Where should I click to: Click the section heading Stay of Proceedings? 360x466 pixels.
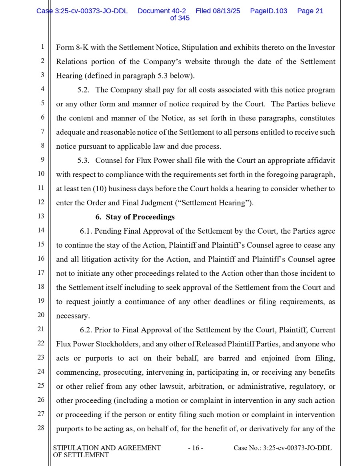tap(135, 217)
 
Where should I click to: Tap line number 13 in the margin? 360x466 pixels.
tap(41, 216)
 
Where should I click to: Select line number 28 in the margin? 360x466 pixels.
tap(41, 428)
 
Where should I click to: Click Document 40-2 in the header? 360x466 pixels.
tap(162, 11)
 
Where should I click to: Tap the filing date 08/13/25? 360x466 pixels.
tap(226, 11)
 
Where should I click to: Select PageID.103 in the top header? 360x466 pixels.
tap(268, 11)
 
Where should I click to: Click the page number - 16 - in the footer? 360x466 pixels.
tap(196, 448)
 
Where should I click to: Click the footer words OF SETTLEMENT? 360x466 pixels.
tap(81, 455)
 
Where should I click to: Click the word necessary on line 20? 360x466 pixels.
tap(72, 316)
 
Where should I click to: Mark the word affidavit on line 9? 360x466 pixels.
tap(321, 160)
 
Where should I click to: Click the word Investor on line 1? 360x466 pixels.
tap(321, 48)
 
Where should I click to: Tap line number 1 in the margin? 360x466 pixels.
tap(42, 47)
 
